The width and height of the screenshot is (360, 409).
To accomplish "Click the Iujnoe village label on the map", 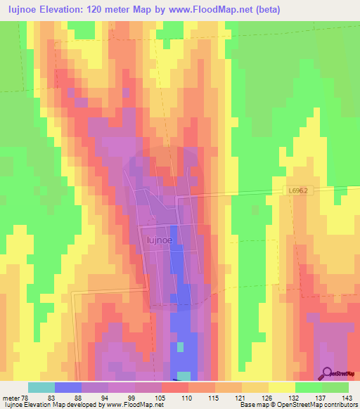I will [x=161, y=240].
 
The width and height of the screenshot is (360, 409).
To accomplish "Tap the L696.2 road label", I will [x=301, y=190].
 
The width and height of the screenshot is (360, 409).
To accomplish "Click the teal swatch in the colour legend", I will [x=41, y=387].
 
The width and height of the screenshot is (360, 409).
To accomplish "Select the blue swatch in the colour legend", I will [x=68, y=387].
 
